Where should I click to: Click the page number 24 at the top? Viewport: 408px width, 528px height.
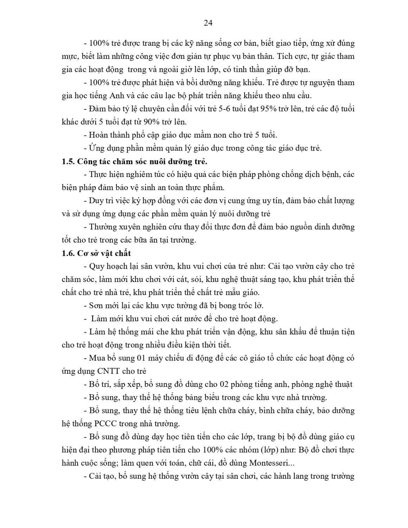coord(208,23)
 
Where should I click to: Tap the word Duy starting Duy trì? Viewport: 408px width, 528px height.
coord(96,201)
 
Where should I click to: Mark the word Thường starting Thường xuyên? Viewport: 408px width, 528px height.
coord(102,227)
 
